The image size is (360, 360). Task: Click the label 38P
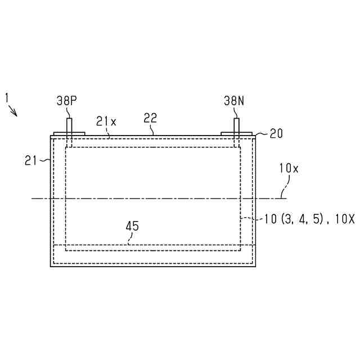67,101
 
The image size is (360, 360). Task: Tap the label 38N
234,101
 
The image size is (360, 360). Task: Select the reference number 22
150,118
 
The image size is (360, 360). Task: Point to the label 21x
106,121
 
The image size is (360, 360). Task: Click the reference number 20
276,134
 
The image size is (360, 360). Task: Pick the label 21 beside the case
31,160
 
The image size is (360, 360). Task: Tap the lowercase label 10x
289,168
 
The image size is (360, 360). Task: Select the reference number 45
132,226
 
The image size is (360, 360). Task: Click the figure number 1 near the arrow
7,98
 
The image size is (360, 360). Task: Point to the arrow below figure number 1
13,111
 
